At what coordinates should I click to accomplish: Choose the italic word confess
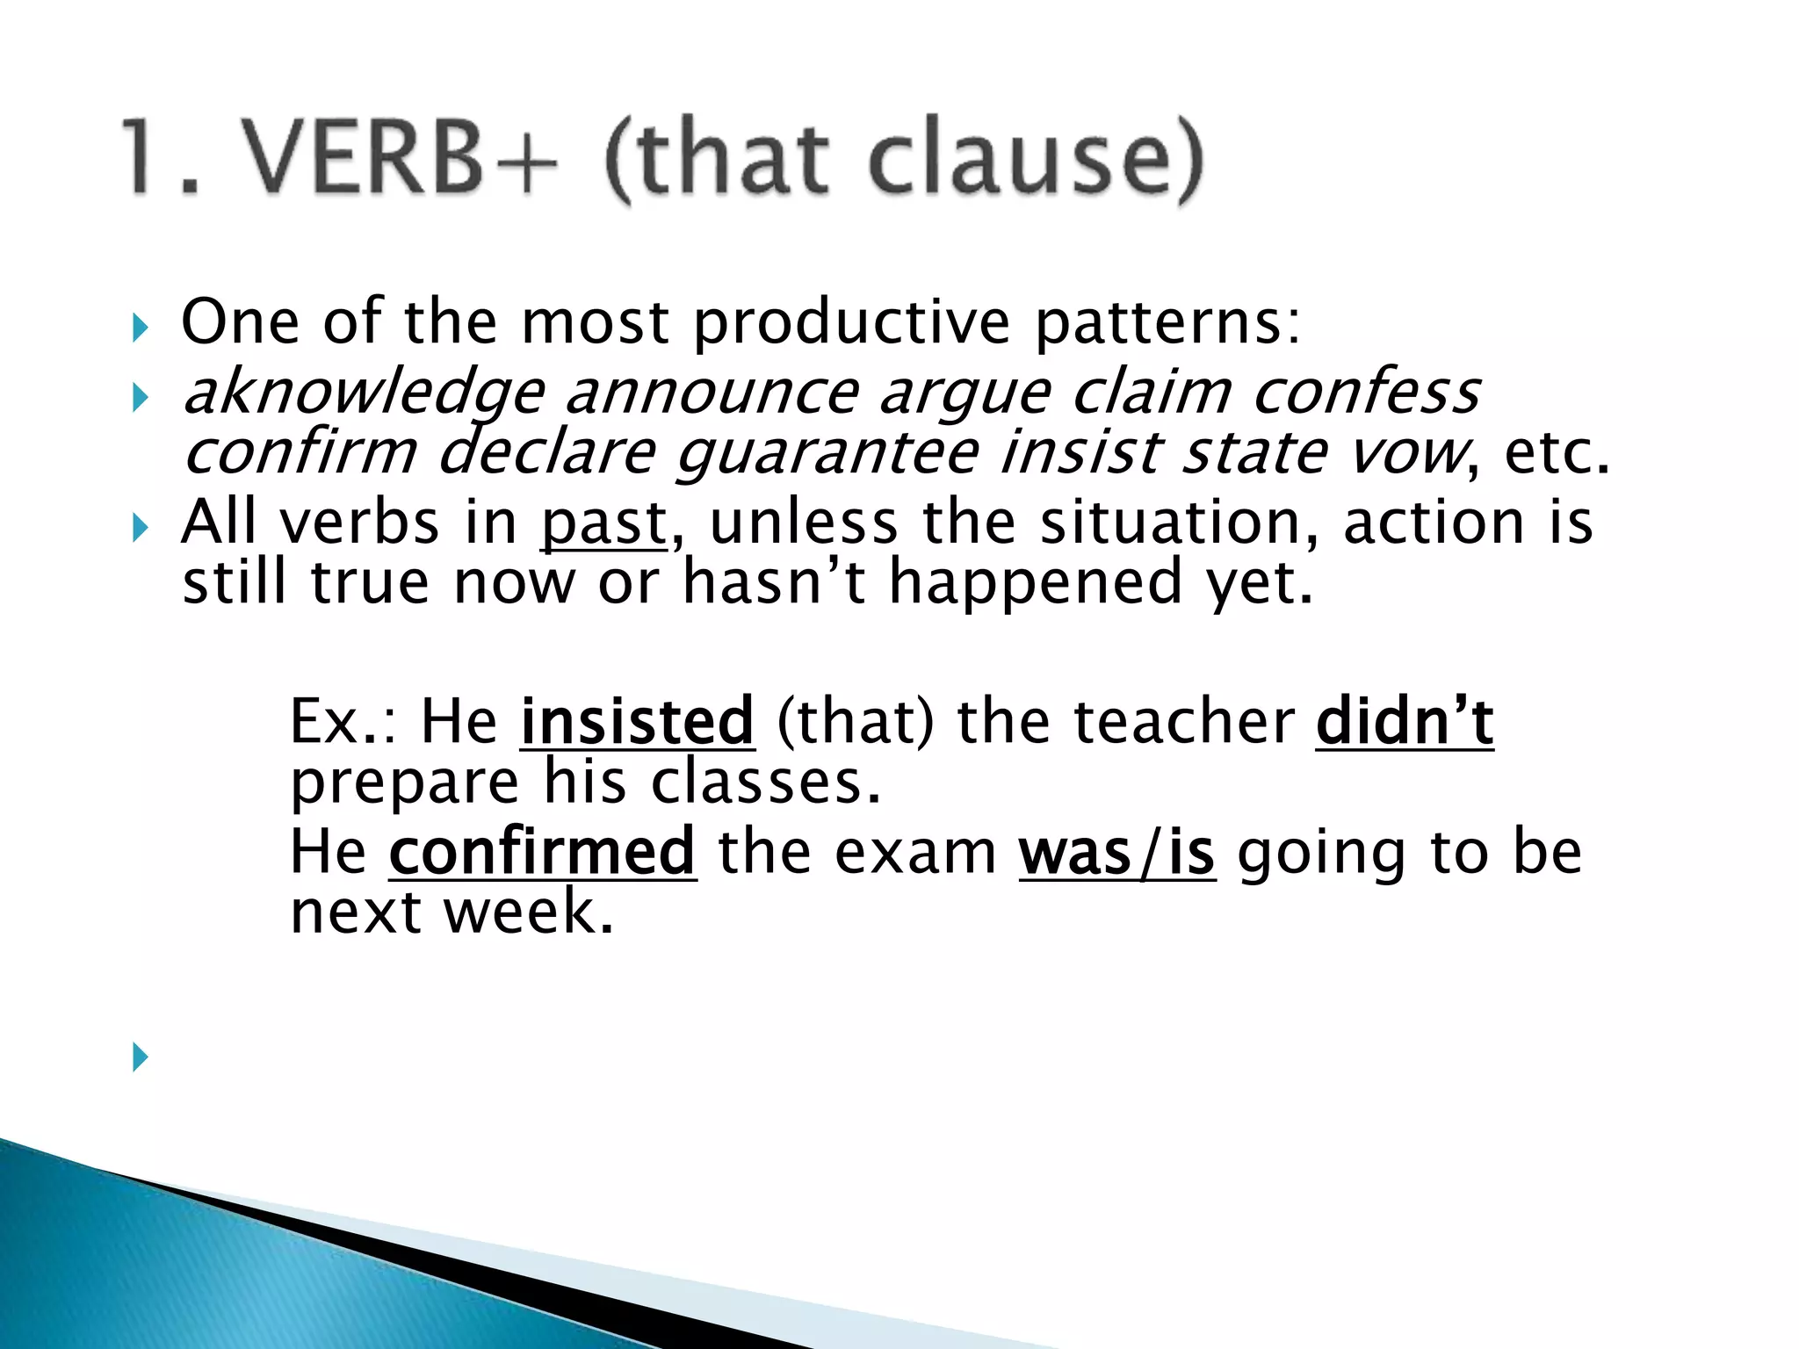pyautogui.click(x=1367, y=393)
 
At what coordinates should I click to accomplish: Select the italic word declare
pyautogui.click(x=546, y=453)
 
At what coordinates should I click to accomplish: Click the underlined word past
pyautogui.click(x=604, y=523)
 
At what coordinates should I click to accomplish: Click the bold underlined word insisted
pyautogui.click(x=638, y=721)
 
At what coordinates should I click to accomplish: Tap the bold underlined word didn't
pyautogui.click(x=1405, y=721)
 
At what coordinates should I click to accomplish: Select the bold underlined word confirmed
pyautogui.click(x=543, y=851)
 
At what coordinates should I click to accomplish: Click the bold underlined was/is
pyautogui.click(x=1117, y=851)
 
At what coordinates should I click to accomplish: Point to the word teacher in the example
pyautogui.click(x=1184, y=721)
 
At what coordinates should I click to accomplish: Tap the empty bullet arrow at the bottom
pyautogui.click(x=140, y=1057)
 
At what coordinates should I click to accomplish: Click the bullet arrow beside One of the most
pyautogui.click(x=140, y=328)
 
